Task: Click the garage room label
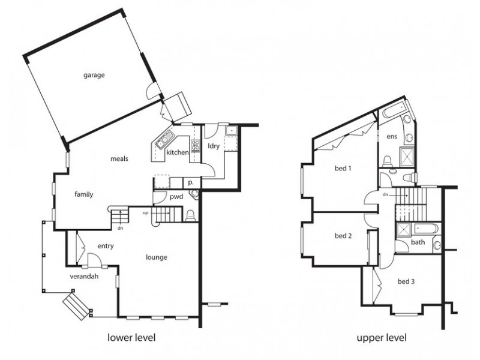click(94, 76)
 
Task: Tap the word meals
click(119, 158)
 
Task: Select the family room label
click(83, 194)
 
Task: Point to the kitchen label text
click(178, 153)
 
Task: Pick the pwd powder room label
click(176, 196)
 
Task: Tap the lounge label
click(156, 257)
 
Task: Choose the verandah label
click(83, 277)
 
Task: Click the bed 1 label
click(342, 169)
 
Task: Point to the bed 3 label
click(406, 281)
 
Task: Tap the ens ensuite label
click(392, 137)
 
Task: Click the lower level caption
click(131, 338)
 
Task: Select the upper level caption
click(382, 338)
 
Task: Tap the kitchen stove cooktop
click(194, 145)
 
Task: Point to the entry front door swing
click(94, 260)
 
